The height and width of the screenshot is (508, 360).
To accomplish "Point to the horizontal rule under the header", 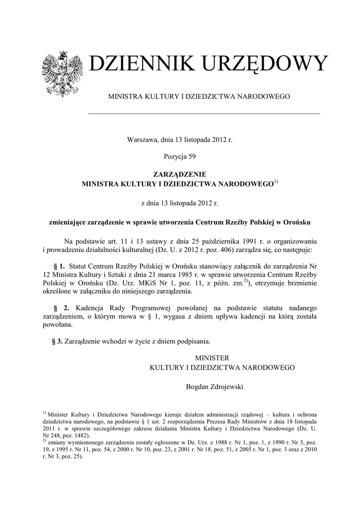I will point(204,114).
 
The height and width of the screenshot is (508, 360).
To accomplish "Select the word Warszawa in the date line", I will point(144,140).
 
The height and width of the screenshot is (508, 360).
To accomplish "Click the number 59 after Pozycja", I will point(192,157).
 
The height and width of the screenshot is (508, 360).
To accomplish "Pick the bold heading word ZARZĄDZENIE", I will point(180,174).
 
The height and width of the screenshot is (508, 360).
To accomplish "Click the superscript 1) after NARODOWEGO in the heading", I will point(277,182).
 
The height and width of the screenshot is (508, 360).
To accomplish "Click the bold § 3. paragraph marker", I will point(57,341).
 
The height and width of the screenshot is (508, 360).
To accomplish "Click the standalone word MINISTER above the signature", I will point(212,358).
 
